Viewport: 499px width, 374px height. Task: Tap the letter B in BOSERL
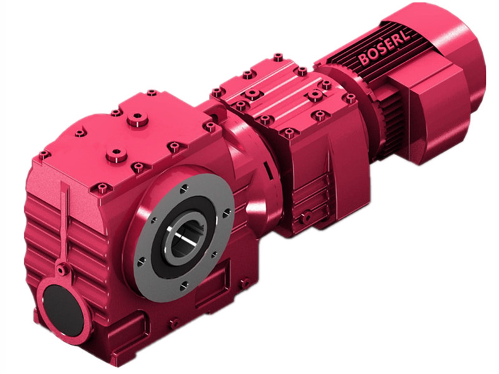coord(364,60)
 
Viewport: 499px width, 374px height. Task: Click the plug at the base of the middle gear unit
coord(306,216)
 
